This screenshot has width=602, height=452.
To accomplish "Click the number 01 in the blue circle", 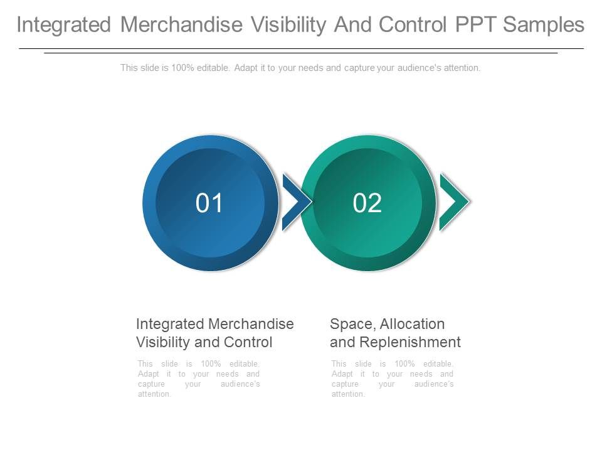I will pyautogui.click(x=209, y=203).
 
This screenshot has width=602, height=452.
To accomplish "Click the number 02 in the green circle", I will pyautogui.click(x=367, y=203).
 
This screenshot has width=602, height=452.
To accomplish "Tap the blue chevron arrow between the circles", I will pyautogui.click(x=295, y=202).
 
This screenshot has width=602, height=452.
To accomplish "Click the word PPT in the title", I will pyautogui.click(x=475, y=24).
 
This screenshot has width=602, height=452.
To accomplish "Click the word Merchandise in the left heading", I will pyautogui.click(x=251, y=324).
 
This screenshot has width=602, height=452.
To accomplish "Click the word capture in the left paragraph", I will pyautogui.click(x=151, y=384).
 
